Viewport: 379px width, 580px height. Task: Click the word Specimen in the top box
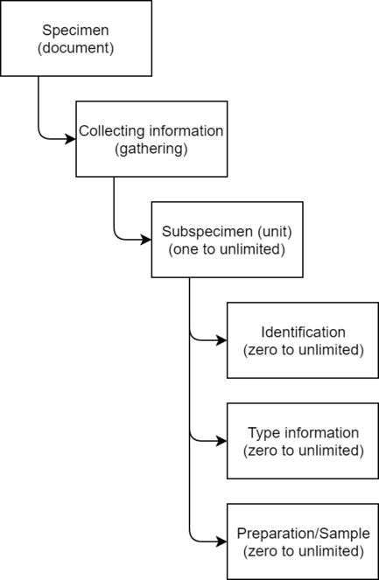tap(75, 31)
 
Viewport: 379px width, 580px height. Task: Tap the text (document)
tap(75, 48)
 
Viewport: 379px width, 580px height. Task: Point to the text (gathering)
tap(151, 149)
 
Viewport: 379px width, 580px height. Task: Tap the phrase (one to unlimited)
tap(227, 249)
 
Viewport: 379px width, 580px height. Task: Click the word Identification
tap(303, 332)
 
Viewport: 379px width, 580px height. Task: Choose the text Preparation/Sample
tap(303, 534)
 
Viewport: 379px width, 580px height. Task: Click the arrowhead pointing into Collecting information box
tap(71, 139)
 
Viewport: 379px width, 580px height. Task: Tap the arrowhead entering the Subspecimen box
tap(146, 240)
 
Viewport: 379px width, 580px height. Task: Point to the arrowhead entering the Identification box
tap(221, 340)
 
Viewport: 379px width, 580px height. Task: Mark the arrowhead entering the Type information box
tap(221, 441)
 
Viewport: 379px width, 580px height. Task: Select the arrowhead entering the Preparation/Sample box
tap(221, 542)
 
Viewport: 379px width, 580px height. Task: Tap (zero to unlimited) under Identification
tap(303, 350)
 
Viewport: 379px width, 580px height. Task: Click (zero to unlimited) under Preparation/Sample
tap(303, 551)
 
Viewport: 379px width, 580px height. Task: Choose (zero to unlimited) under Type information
tap(303, 451)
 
